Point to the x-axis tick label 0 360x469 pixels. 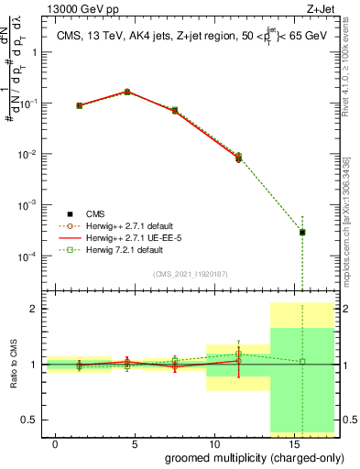coord(56,442)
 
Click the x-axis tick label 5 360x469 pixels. coord(136,442)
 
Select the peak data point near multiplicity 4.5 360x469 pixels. coord(127,92)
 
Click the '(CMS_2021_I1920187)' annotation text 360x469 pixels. coord(189,273)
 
